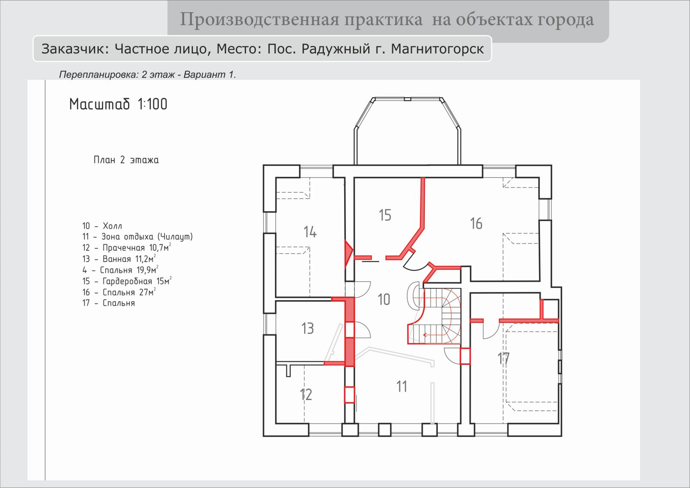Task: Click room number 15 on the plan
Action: click(385, 215)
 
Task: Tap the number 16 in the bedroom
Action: click(476, 224)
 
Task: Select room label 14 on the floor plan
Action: click(310, 232)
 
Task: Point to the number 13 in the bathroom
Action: click(307, 328)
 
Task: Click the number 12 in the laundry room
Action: click(306, 394)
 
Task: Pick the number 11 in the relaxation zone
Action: click(401, 387)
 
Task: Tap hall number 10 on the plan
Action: click(384, 300)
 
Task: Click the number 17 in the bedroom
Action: click(504, 358)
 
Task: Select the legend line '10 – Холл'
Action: click(102, 226)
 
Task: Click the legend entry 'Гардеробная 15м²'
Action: click(137, 281)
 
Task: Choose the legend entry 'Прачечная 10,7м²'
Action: click(137, 247)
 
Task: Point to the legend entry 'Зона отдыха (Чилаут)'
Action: click(147, 237)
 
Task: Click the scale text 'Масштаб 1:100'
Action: click(118, 104)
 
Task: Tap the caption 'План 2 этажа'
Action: click(126, 160)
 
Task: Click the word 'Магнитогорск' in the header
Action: click(437, 49)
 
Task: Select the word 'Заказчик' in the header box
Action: click(75, 49)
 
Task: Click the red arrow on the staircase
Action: click(434, 335)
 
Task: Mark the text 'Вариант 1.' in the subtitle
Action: click(210, 75)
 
